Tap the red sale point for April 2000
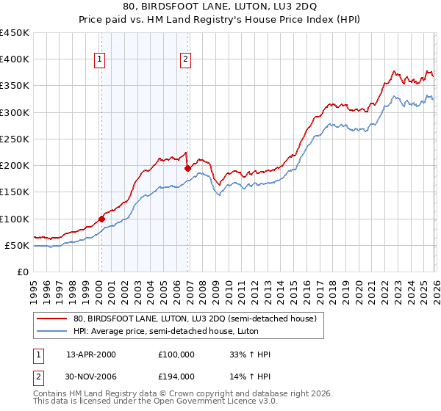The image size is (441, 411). click(x=102, y=219)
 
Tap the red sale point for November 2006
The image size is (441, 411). click(x=187, y=169)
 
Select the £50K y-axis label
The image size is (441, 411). click(x=18, y=245)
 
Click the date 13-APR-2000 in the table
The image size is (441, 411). click(x=91, y=354)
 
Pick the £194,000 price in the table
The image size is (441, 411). click(x=176, y=377)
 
